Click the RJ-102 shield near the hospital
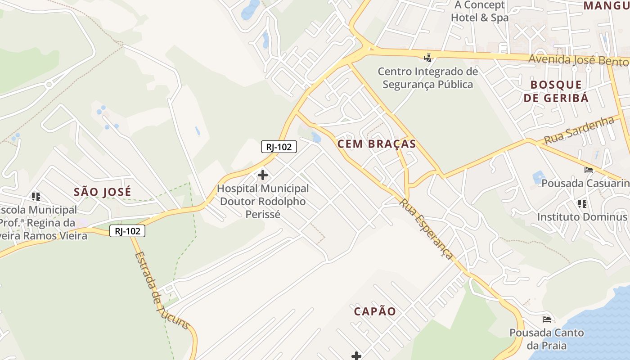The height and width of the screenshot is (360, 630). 279,147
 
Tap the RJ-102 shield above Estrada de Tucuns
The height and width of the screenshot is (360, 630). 127,231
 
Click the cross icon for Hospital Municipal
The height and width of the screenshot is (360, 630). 263,175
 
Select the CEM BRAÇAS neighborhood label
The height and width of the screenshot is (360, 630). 376,144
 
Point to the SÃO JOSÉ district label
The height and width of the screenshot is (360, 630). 103,192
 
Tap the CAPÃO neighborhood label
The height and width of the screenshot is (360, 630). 375,311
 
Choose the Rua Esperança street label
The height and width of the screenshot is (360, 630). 426,229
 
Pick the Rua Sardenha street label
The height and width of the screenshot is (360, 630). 580,130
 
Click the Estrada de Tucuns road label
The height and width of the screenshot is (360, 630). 162,291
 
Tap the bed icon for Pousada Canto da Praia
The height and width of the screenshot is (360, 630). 547,319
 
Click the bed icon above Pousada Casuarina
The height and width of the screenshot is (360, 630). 588,170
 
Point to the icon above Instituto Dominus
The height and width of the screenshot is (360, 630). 582,204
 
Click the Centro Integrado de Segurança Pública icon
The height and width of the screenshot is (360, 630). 427,58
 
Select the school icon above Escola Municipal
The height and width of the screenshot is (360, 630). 36,197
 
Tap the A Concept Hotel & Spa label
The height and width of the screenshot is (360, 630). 480,11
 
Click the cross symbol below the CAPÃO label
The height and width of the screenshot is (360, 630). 356,356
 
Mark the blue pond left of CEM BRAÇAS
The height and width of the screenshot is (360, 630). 316,137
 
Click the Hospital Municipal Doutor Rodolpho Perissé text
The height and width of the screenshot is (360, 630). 263,201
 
